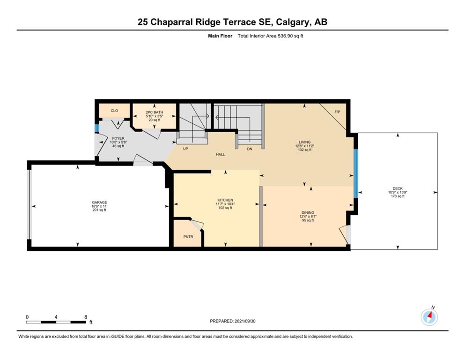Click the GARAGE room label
click(x=99, y=202)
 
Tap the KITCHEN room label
click(x=225, y=200)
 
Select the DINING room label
click(x=308, y=212)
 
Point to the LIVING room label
click(x=304, y=142)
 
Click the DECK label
click(x=398, y=188)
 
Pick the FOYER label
click(x=118, y=138)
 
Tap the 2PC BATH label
click(x=155, y=112)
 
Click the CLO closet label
click(x=114, y=111)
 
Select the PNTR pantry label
click(x=188, y=237)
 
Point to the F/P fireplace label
click(x=338, y=112)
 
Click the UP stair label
click(x=185, y=149)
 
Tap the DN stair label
click(x=250, y=149)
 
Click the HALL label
click(x=221, y=154)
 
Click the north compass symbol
click(x=429, y=317)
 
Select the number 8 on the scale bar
click(x=86, y=317)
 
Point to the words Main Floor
click(x=220, y=36)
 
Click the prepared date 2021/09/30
click(x=245, y=321)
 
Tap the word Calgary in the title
click(x=293, y=22)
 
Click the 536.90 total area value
click(x=285, y=36)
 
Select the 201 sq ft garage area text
click(x=99, y=210)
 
